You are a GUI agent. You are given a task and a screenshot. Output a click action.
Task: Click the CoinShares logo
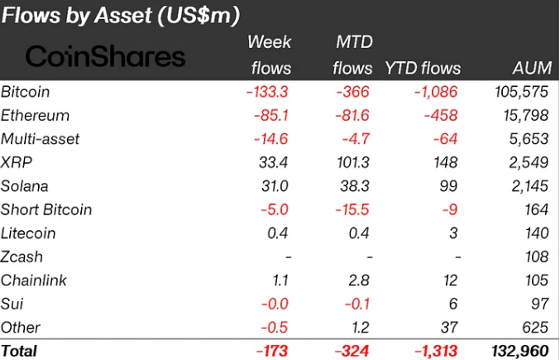pos(105,56)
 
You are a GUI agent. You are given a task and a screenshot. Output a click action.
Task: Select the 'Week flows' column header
pos(270,54)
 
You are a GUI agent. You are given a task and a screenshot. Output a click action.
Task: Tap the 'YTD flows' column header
pos(423,68)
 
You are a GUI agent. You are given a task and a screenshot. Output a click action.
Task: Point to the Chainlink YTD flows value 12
pos(450,281)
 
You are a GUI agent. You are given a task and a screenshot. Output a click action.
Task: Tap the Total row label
pos(19,351)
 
